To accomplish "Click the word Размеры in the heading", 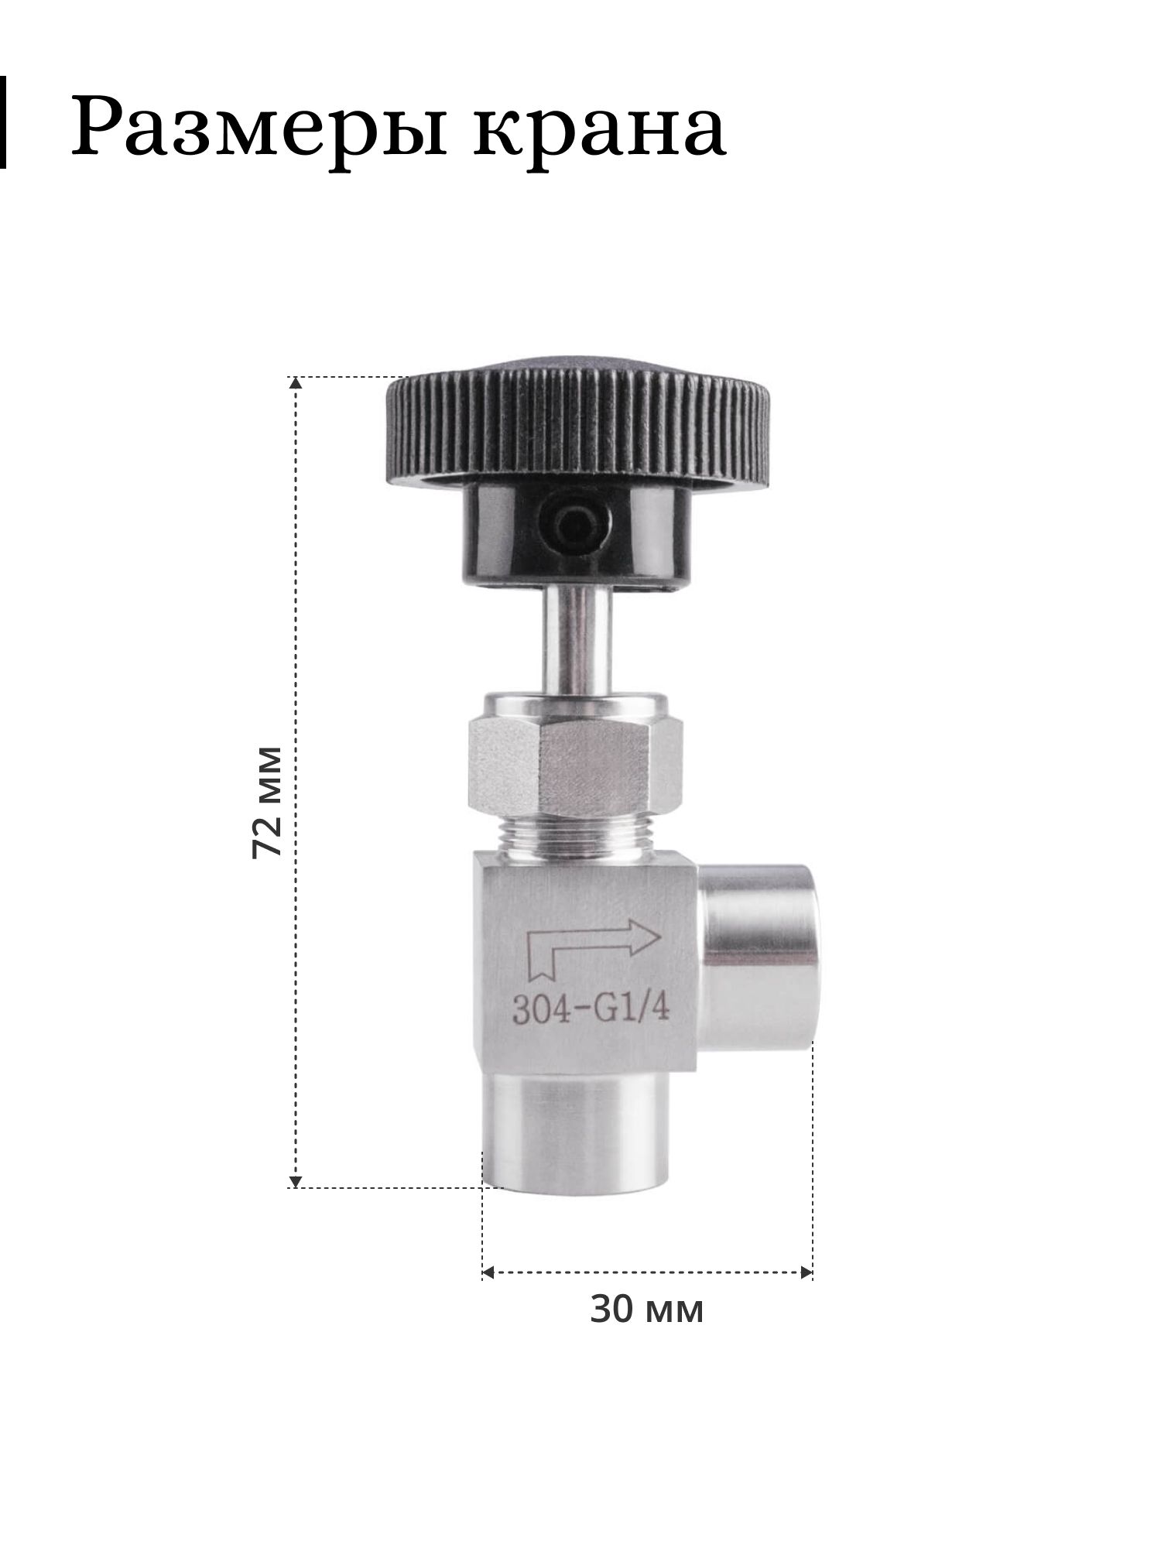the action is click(259, 127).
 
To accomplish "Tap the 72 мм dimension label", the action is click(266, 801).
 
